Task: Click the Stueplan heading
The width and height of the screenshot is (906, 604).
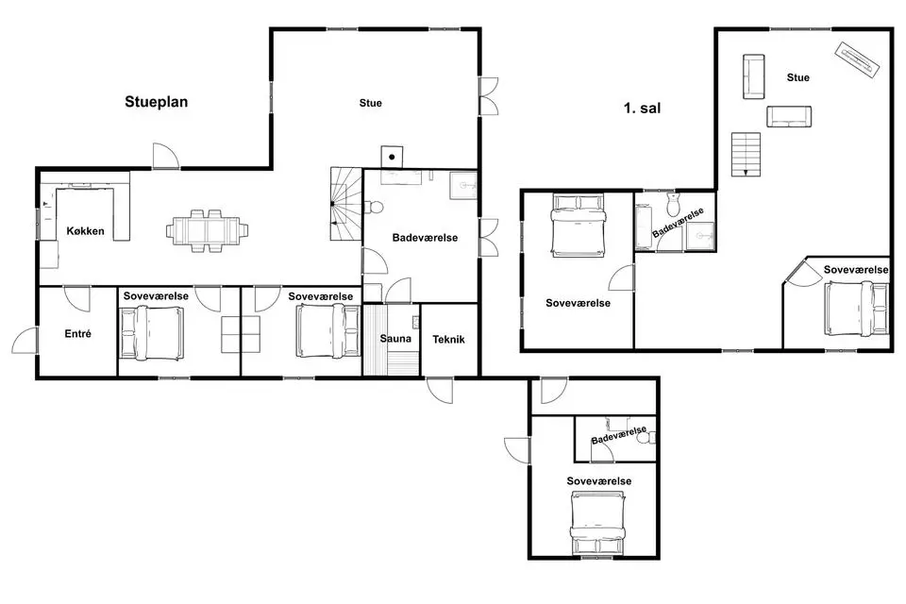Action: pyautogui.click(x=156, y=102)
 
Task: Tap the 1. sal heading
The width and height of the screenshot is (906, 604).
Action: pyautogui.click(x=642, y=109)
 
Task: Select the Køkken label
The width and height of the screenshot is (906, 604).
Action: pyautogui.click(x=86, y=231)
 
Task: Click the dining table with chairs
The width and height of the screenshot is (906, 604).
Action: pyautogui.click(x=208, y=230)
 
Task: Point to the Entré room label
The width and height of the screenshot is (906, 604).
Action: pyautogui.click(x=78, y=333)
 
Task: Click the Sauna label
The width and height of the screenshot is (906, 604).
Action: pyautogui.click(x=395, y=339)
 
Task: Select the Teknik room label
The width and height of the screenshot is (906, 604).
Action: pyautogui.click(x=448, y=340)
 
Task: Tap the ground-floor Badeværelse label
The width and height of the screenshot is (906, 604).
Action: pyautogui.click(x=425, y=238)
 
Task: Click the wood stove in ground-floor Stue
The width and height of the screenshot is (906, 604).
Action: pyautogui.click(x=392, y=157)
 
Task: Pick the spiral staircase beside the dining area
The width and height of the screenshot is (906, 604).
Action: pyautogui.click(x=346, y=204)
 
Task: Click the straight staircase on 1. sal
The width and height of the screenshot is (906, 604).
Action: pyautogui.click(x=746, y=155)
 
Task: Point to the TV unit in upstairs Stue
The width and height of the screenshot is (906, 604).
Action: pyautogui.click(x=858, y=58)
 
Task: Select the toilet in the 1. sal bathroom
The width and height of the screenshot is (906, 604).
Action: pyautogui.click(x=674, y=204)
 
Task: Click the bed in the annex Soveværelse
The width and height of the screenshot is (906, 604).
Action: pyautogui.click(x=598, y=523)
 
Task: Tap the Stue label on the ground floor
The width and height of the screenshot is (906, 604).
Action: pyautogui.click(x=370, y=103)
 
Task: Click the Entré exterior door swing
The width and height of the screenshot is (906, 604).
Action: pyautogui.click(x=25, y=340)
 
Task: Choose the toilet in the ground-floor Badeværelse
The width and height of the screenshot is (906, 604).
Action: pyautogui.click(x=374, y=207)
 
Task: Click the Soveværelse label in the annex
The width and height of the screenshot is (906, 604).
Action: pyautogui.click(x=598, y=481)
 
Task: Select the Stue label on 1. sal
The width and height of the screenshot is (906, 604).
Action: pyautogui.click(x=798, y=77)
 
